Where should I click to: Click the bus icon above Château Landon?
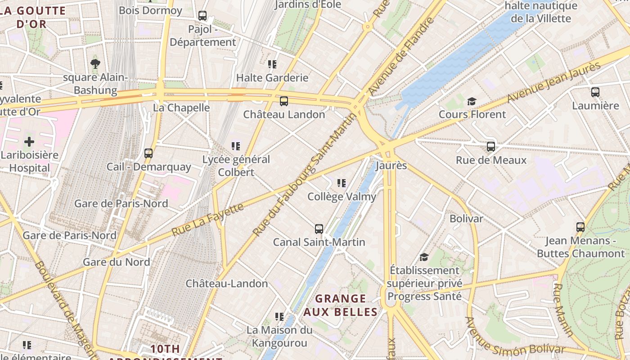click(x=283, y=101)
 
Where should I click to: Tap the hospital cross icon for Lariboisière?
click(x=29, y=142)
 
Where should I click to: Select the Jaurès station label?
click(x=391, y=166)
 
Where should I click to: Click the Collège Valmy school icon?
click(x=342, y=183)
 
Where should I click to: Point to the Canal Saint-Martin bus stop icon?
click(x=319, y=229)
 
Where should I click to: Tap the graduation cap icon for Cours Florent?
click(x=472, y=101)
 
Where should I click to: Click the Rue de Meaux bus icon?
click(x=491, y=147)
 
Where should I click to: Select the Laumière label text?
click(x=595, y=106)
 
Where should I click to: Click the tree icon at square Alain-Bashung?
click(x=95, y=64)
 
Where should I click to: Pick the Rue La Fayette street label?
click(x=208, y=220)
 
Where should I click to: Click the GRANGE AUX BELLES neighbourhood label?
click(x=341, y=305)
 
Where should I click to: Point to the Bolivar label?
click(x=466, y=219)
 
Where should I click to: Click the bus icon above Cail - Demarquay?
click(x=148, y=153)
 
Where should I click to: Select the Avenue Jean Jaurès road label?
click(x=554, y=82)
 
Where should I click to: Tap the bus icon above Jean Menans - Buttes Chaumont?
click(x=580, y=227)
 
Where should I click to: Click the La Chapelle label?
click(x=181, y=108)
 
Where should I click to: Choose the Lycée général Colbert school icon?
click(x=235, y=146)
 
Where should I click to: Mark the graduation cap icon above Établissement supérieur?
click(x=424, y=257)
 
